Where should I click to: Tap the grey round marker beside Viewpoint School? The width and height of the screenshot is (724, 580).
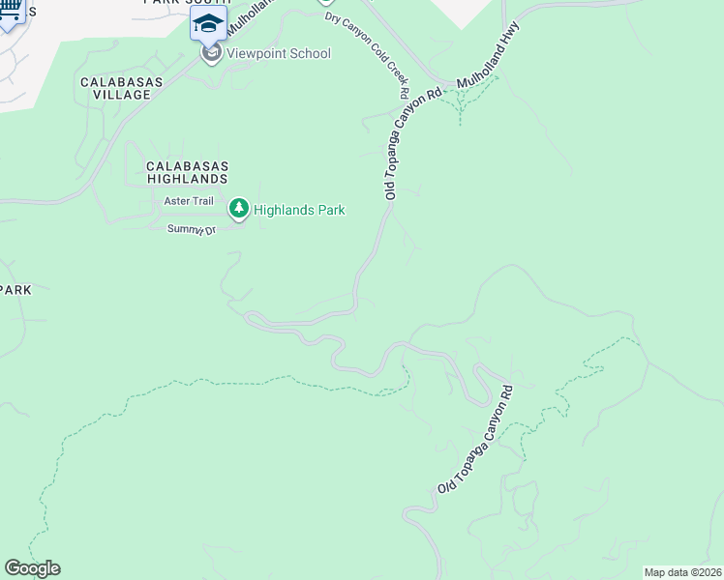pyautogui.click(x=212, y=53)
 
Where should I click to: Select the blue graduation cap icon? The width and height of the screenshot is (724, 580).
pyautogui.click(x=207, y=22)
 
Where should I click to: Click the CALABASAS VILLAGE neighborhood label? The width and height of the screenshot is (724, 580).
pyautogui.click(x=116, y=88)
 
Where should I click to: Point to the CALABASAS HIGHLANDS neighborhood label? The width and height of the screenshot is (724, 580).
pyautogui.click(x=187, y=172)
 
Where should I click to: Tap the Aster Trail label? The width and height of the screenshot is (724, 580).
pyautogui.click(x=189, y=201)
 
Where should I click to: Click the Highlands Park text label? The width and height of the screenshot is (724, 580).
pyautogui.click(x=299, y=210)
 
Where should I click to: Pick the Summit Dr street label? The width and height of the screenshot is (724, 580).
pyautogui.click(x=191, y=229)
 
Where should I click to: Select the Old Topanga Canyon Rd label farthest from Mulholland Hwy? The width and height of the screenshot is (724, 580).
pyautogui.click(x=474, y=440)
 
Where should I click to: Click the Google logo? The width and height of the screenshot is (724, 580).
pyautogui.click(x=32, y=568)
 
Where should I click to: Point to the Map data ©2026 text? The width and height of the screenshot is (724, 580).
pyautogui.click(x=682, y=572)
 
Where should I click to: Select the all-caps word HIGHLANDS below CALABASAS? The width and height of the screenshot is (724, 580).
pyautogui.click(x=187, y=179)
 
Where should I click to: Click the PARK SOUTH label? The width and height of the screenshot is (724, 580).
pyautogui.click(x=187, y=3)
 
